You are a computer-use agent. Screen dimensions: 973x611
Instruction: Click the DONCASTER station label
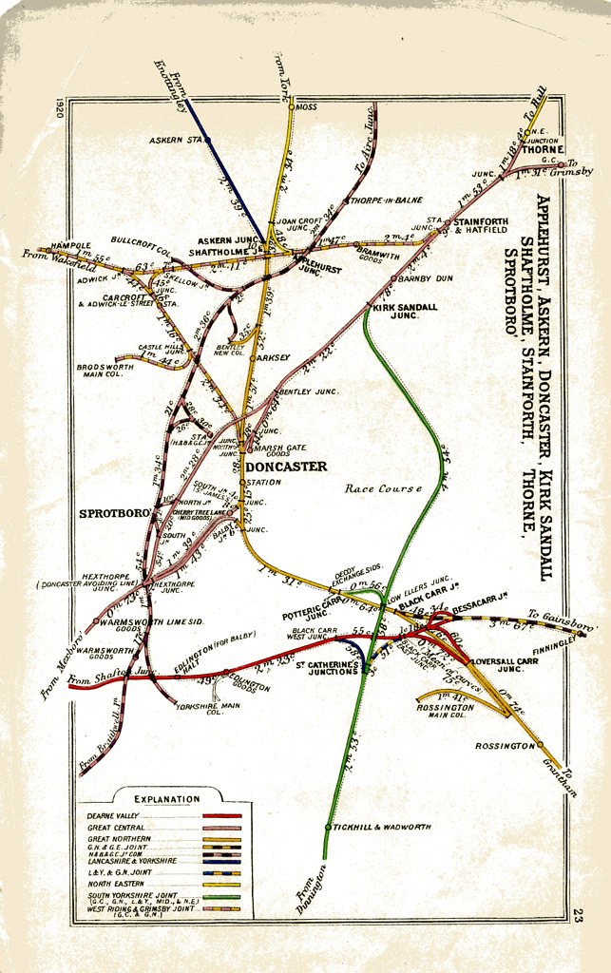pos(285,467)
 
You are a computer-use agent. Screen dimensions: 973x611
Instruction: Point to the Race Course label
pos(383,488)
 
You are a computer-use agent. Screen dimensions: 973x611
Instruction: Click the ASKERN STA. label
pos(178,141)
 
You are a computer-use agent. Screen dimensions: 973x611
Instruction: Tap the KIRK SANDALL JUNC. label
pos(406,314)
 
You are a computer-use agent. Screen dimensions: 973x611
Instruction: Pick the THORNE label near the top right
pos(544,149)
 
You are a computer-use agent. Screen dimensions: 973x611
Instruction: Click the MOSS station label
pos(307,107)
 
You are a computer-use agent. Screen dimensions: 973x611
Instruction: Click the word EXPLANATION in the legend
pos(167,799)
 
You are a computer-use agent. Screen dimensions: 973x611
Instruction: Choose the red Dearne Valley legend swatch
pos(221,815)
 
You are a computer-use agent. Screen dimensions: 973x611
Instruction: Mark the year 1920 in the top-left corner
pos(60,105)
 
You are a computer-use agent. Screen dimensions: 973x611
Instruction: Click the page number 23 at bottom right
pos(577,915)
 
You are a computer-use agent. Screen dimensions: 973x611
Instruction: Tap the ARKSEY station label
pos(272,358)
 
